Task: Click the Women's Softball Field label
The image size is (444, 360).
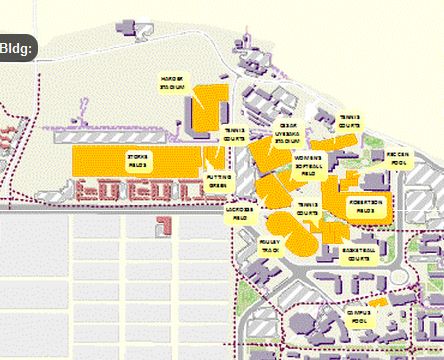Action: click(x=308, y=165)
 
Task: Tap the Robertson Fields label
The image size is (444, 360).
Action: click(x=362, y=206)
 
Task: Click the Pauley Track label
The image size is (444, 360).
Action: click(x=269, y=245)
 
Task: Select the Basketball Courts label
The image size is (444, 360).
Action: click(x=356, y=254)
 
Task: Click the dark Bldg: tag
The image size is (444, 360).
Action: click(x=17, y=48)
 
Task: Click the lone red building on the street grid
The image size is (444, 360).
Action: click(x=162, y=227)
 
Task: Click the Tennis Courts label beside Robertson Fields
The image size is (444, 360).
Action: click(x=307, y=208)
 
